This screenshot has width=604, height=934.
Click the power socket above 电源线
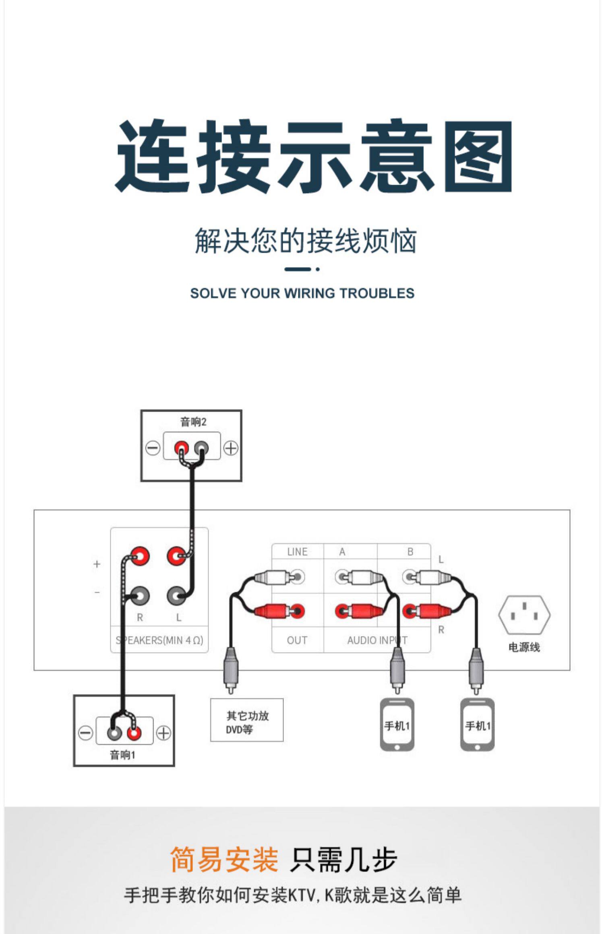pos(524,615)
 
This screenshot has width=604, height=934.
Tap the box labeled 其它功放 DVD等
pos(247,720)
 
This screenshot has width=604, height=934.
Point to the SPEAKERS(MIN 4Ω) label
pos(159,640)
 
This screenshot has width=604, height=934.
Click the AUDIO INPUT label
pos(377,640)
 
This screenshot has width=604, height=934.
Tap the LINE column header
pos(298,552)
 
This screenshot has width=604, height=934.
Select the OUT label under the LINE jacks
pos(297,640)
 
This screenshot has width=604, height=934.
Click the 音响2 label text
pos(193,422)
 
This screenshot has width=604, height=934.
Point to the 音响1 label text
pos(123,755)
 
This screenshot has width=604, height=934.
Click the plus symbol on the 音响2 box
pos(231,448)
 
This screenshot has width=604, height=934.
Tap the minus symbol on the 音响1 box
pos(85,733)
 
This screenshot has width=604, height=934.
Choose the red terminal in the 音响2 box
pos(182,448)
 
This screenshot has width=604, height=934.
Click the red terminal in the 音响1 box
pos(134,733)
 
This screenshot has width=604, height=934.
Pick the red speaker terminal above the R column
pos(140,557)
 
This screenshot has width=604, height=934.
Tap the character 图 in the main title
pos(478,157)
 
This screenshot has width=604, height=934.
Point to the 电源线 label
pos(524,647)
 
